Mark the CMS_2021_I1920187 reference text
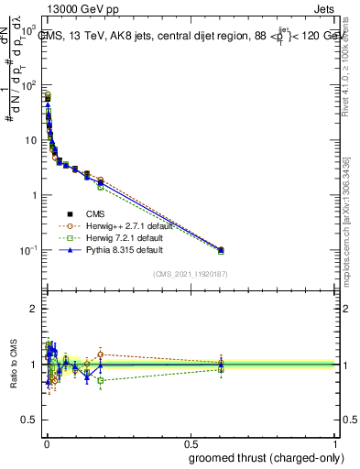click(x=190, y=274)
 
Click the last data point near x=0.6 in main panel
click(x=221, y=249)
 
